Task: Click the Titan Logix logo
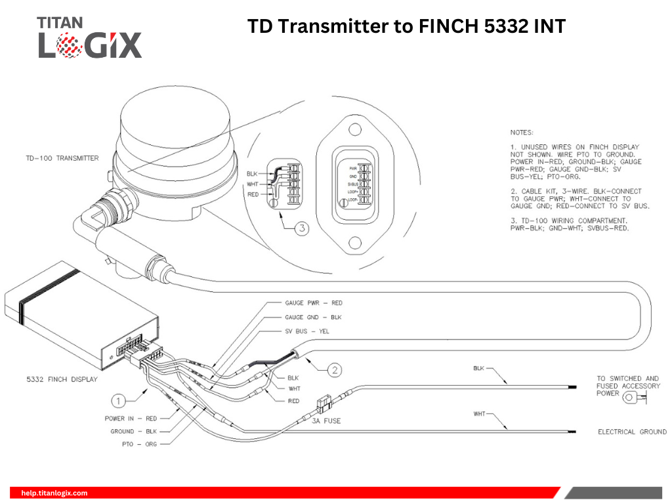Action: [89, 37]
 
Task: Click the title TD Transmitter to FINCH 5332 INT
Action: [406, 27]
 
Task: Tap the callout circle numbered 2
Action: [335, 371]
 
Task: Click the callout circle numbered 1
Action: [118, 400]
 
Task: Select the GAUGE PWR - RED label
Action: [313, 303]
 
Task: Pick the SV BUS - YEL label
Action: [306, 331]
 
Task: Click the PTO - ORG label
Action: [142, 444]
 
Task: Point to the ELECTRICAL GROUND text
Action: [632, 432]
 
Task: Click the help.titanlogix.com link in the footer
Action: [54, 493]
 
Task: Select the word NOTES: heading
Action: [522, 132]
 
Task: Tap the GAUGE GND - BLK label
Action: [313, 318]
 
